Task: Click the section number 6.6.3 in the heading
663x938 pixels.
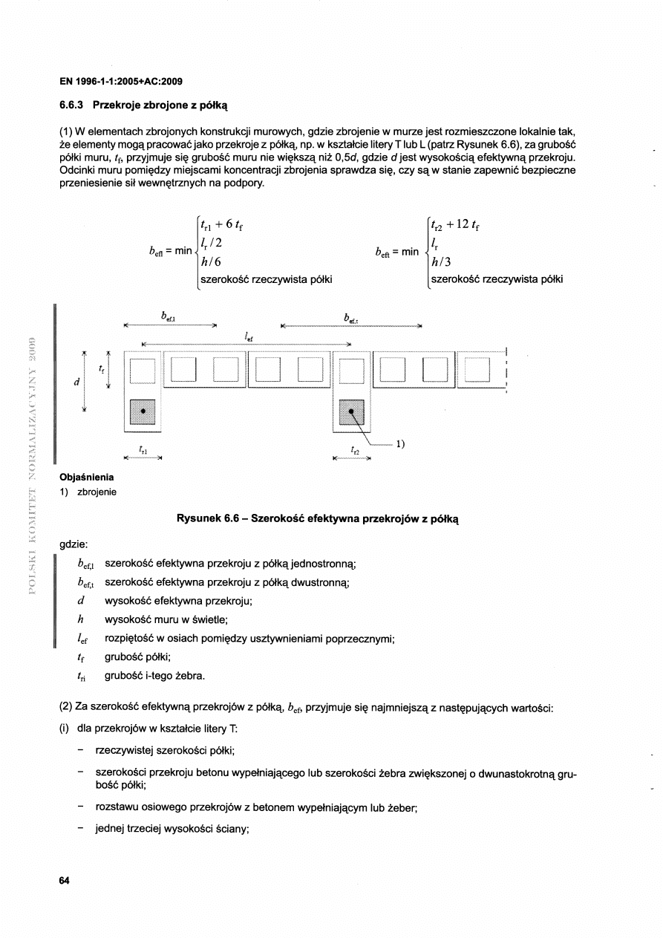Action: click(71, 106)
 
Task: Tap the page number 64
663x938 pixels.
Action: click(65, 880)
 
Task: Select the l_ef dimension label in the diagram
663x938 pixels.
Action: click(248, 336)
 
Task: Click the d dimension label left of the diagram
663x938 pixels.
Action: click(76, 382)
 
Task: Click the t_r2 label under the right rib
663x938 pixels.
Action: click(354, 450)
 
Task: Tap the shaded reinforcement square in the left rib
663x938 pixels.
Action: click(143, 411)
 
